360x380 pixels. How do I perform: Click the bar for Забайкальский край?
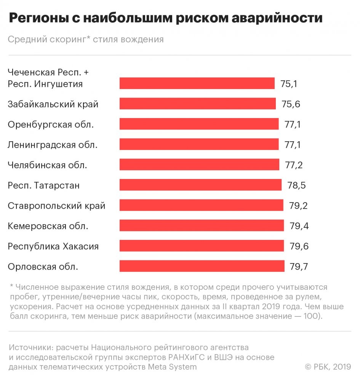click(197, 104)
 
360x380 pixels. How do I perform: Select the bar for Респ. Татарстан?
click(200, 185)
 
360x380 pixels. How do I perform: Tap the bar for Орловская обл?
click(202, 266)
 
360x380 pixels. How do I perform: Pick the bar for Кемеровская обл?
click(202, 225)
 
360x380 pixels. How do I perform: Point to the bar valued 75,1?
click(197, 83)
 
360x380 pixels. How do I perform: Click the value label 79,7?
click(299, 267)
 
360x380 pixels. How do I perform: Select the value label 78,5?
click(296, 185)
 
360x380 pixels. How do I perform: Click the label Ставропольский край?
click(56, 206)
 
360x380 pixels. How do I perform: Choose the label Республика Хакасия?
click(53, 246)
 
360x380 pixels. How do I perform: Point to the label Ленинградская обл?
click(53, 145)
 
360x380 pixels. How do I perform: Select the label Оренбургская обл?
click(51, 125)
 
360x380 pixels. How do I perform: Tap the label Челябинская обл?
click(48, 165)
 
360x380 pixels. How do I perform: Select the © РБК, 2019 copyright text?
click(328, 367)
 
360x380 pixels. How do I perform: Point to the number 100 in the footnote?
click(311, 316)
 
